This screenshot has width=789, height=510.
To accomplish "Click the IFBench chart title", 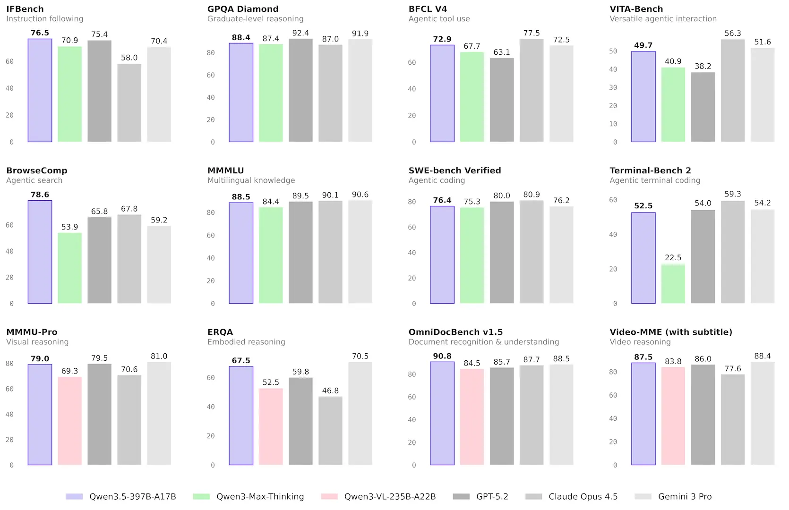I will tap(25, 9).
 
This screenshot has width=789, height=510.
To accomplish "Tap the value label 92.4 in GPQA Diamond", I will tap(300, 33).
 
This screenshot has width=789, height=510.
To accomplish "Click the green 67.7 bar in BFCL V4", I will tap(472, 97).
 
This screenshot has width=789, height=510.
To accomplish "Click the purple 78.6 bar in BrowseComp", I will tap(40, 252).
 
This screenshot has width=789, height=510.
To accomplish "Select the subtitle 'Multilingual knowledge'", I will tap(251, 180).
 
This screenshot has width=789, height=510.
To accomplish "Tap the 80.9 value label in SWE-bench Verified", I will tap(532, 195).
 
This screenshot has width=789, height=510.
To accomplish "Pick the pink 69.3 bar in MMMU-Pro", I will tap(69, 421).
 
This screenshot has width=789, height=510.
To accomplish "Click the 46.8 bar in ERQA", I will tap(330, 431).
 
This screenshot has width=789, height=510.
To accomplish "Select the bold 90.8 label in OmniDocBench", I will tap(442, 356).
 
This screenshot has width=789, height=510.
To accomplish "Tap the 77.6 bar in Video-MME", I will tap(732, 419).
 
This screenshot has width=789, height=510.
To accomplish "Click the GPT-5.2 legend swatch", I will tap(461, 496).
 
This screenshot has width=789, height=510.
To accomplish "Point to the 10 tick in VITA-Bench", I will tap(613, 124).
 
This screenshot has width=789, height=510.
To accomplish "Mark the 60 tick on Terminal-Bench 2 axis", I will tap(613, 200).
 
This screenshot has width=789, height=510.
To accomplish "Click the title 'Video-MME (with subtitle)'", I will tap(670, 332).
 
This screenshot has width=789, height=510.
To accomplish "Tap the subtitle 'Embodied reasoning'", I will tap(246, 342).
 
